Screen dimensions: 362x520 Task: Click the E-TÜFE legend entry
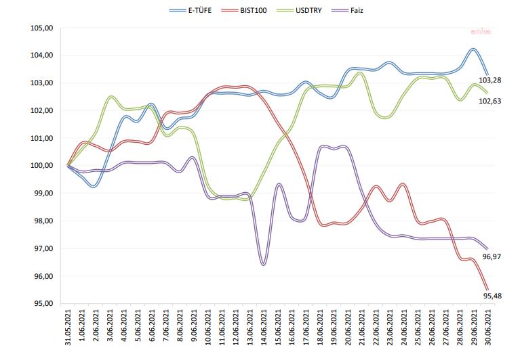pos(192,11)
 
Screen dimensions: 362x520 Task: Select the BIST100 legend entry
pos(245,11)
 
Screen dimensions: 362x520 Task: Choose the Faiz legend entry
pos(345,11)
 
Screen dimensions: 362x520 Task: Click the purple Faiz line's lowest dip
pos(263,264)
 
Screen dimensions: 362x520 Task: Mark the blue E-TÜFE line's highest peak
pos(473,49)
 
